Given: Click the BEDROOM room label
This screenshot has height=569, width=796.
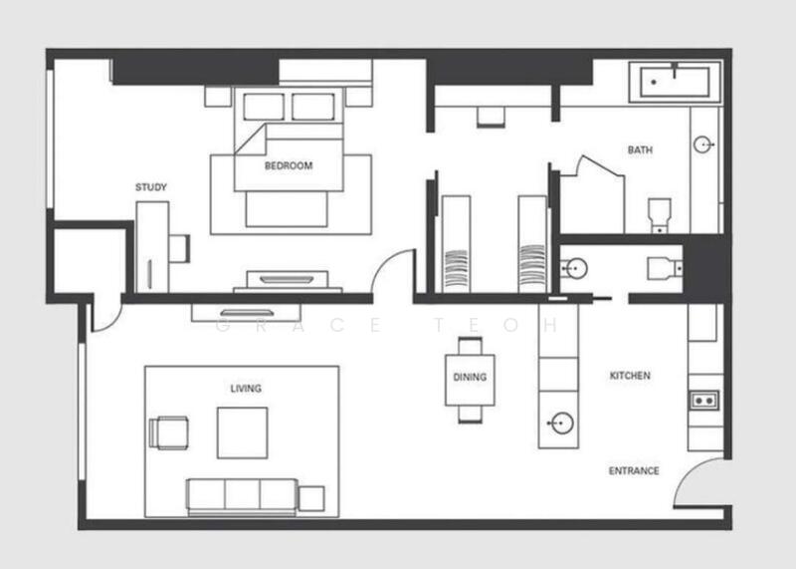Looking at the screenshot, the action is click(x=289, y=165).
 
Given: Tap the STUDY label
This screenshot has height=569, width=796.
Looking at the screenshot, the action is click(x=151, y=187).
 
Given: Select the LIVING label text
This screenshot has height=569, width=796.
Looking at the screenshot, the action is click(x=246, y=389).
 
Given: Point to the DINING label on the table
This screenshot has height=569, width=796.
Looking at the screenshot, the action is click(x=470, y=377).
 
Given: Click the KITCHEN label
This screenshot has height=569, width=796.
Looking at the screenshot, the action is click(x=630, y=376).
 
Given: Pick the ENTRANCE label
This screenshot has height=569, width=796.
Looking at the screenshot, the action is click(x=634, y=471).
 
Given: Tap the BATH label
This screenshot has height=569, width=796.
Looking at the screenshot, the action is click(x=640, y=150).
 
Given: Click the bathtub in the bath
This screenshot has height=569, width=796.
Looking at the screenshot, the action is click(x=675, y=82).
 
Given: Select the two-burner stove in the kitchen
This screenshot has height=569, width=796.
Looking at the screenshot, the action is click(x=704, y=401).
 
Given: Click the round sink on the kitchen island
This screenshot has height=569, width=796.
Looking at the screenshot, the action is click(x=562, y=423).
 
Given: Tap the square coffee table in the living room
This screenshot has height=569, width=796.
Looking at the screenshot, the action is click(x=243, y=432).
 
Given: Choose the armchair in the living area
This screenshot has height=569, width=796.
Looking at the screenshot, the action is click(x=168, y=432).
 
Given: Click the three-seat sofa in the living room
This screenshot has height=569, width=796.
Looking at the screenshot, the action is click(x=242, y=496).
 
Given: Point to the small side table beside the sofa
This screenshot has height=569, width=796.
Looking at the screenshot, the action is click(x=311, y=498).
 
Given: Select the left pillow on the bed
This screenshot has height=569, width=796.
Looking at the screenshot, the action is click(x=264, y=107).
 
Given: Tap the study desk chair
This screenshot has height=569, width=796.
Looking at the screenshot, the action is click(x=179, y=248).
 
